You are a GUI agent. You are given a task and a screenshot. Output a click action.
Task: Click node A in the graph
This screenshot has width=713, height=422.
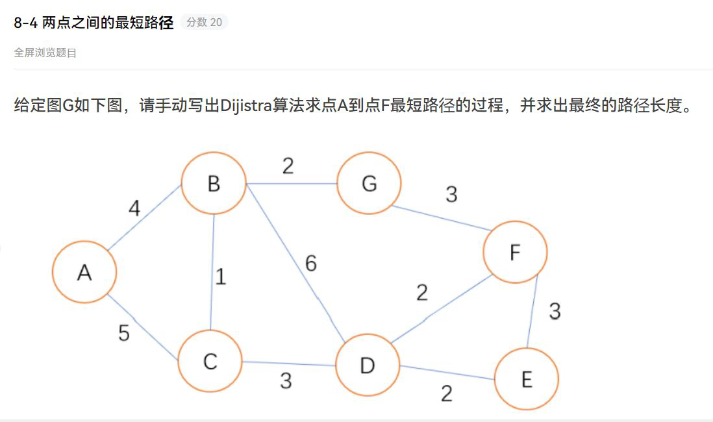[x=84, y=272]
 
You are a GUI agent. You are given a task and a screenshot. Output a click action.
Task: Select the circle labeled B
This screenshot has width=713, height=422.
[x=214, y=184]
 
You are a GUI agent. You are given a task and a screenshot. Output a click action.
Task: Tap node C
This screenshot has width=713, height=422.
[x=210, y=361]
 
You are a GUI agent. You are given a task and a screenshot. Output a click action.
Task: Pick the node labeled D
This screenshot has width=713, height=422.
[x=368, y=366]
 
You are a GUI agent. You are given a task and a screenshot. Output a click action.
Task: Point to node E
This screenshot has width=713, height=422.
[x=527, y=379]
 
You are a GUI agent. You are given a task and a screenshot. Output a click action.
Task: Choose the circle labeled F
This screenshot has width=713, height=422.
[x=516, y=252]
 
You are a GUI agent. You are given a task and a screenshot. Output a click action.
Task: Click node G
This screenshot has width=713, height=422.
[x=369, y=184]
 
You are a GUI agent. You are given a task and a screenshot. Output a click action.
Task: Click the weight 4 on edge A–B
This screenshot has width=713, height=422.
[x=134, y=208]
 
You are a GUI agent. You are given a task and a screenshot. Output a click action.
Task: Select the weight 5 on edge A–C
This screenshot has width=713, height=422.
[x=124, y=333]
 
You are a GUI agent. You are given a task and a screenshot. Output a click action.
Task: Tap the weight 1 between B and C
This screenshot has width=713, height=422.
[x=221, y=277]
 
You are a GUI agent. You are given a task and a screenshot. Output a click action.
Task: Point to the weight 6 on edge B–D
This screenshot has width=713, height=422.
[x=311, y=264]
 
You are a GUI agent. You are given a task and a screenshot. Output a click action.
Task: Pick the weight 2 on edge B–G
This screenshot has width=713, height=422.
[x=288, y=166]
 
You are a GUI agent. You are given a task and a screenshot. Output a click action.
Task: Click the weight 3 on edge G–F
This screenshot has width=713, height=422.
[x=451, y=193]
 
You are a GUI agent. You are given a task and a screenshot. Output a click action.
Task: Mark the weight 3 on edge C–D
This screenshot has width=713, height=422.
[x=286, y=380]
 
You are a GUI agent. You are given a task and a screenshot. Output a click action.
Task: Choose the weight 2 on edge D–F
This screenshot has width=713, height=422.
[x=422, y=293]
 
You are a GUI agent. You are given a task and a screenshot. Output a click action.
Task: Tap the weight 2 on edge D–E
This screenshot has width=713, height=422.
[x=446, y=393]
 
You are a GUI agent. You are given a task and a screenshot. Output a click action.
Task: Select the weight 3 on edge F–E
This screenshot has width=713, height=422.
[x=554, y=312]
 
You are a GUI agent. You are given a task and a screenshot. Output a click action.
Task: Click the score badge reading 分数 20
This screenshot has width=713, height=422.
[x=204, y=22]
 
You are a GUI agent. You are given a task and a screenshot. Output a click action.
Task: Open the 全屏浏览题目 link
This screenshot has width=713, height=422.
[x=45, y=53]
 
